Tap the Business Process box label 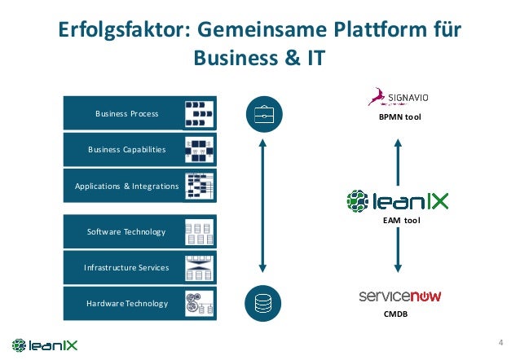pos(126,114)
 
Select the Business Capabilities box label pos(126,150)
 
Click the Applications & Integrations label pos(126,187)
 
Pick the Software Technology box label pos(126,232)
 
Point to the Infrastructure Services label pos(126,268)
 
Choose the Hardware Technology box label pos(126,304)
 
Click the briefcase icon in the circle pos(262,115)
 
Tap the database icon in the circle pos(262,304)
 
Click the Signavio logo pos(399,99)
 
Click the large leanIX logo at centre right pos(398,200)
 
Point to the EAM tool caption pos(398,219)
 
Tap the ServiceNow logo pos(399,296)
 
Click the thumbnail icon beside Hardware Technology pos(200,304)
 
